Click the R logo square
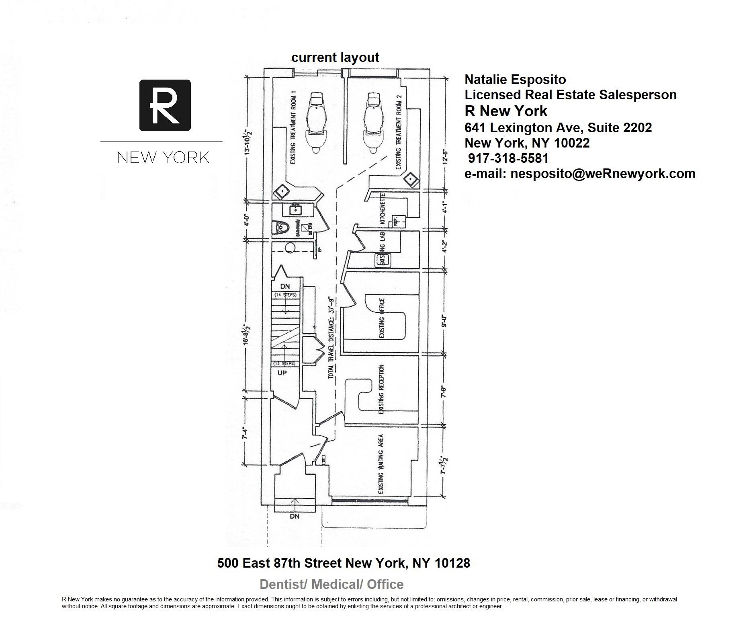pyautogui.click(x=165, y=105)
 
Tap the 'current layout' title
pyautogui.click(x=335, y=57)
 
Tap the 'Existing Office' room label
pyautogui.click(x=382, y=318)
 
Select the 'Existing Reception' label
pyautogui.click(x=381, y=389)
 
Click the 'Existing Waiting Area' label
pyautogui.click(x=381, y=464)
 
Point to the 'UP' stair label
pyautogui.click(x=282, y=373)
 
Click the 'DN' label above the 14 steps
pyautogui.click(x=285, y=287)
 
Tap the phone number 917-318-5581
pyautogui.click(x=508, y=158)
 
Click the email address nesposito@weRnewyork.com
pyautogui.click(x=580, y=174)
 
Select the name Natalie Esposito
pyautogui.click(x=515, y=79)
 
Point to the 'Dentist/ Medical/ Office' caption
pyautogui.click(x=331, y=584)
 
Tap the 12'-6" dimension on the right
pyautogui.click(x=445, y=160)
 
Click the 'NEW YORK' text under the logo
pyautogui.click(x=163, y=157)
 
